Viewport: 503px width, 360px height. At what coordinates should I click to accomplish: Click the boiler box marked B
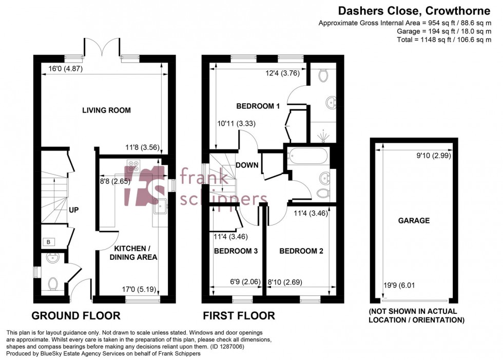coord(48,241)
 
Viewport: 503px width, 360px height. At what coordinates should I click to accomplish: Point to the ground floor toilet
coord(52,283)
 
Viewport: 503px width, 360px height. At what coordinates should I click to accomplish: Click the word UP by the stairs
coord(74,210)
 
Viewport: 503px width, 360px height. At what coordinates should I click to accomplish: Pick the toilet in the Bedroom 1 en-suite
coord(323,76)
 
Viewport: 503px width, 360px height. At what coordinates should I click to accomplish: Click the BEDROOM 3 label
coord(236,251)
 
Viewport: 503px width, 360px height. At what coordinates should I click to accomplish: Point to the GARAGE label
coord(414,220)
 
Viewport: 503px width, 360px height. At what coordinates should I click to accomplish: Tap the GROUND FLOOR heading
coord(76,315)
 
